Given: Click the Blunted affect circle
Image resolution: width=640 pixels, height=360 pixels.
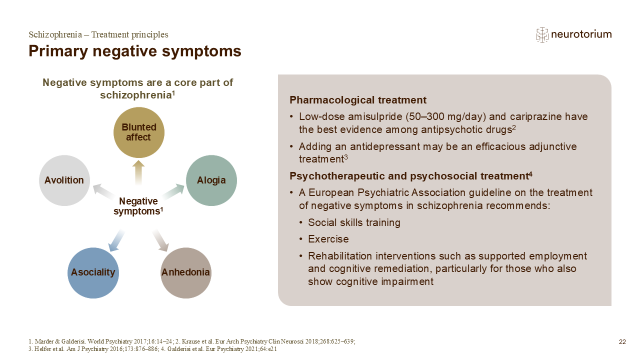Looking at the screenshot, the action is [x=139, y=132].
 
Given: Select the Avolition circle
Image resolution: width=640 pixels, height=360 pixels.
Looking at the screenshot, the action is [x=64, y=180].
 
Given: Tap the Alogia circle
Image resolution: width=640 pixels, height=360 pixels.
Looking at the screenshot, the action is [x=211, y=180].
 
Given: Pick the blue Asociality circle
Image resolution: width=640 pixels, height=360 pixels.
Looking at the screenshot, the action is [x=93, y=273].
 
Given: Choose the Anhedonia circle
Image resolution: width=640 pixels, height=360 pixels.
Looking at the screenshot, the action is [x=185, y=273].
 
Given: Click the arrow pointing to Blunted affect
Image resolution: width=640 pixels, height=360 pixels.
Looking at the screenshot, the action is [x=138, y=173].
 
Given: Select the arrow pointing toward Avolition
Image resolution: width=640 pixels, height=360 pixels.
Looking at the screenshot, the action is [x=104, y=191].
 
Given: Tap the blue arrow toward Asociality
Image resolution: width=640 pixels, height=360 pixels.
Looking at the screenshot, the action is [x=116, y=240].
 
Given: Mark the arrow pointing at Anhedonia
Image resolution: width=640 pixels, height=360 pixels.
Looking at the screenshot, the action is [x=160, y=240].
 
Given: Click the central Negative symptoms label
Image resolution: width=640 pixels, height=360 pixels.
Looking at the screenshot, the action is [x=138, y=206].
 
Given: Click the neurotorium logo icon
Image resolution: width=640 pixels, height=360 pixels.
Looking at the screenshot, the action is [x=542, y=35].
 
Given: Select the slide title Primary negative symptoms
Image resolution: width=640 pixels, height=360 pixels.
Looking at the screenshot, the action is [x=135, y=51].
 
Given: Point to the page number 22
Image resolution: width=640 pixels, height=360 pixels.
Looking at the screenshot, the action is [x=622, y=342].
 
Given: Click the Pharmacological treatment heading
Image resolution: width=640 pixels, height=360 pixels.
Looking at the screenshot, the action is [x=357, y=100].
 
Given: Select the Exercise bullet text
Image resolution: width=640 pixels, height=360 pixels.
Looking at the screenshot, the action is [x=328, y=239].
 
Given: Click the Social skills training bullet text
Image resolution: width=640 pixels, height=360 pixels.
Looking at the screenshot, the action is [x=354, y=222].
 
